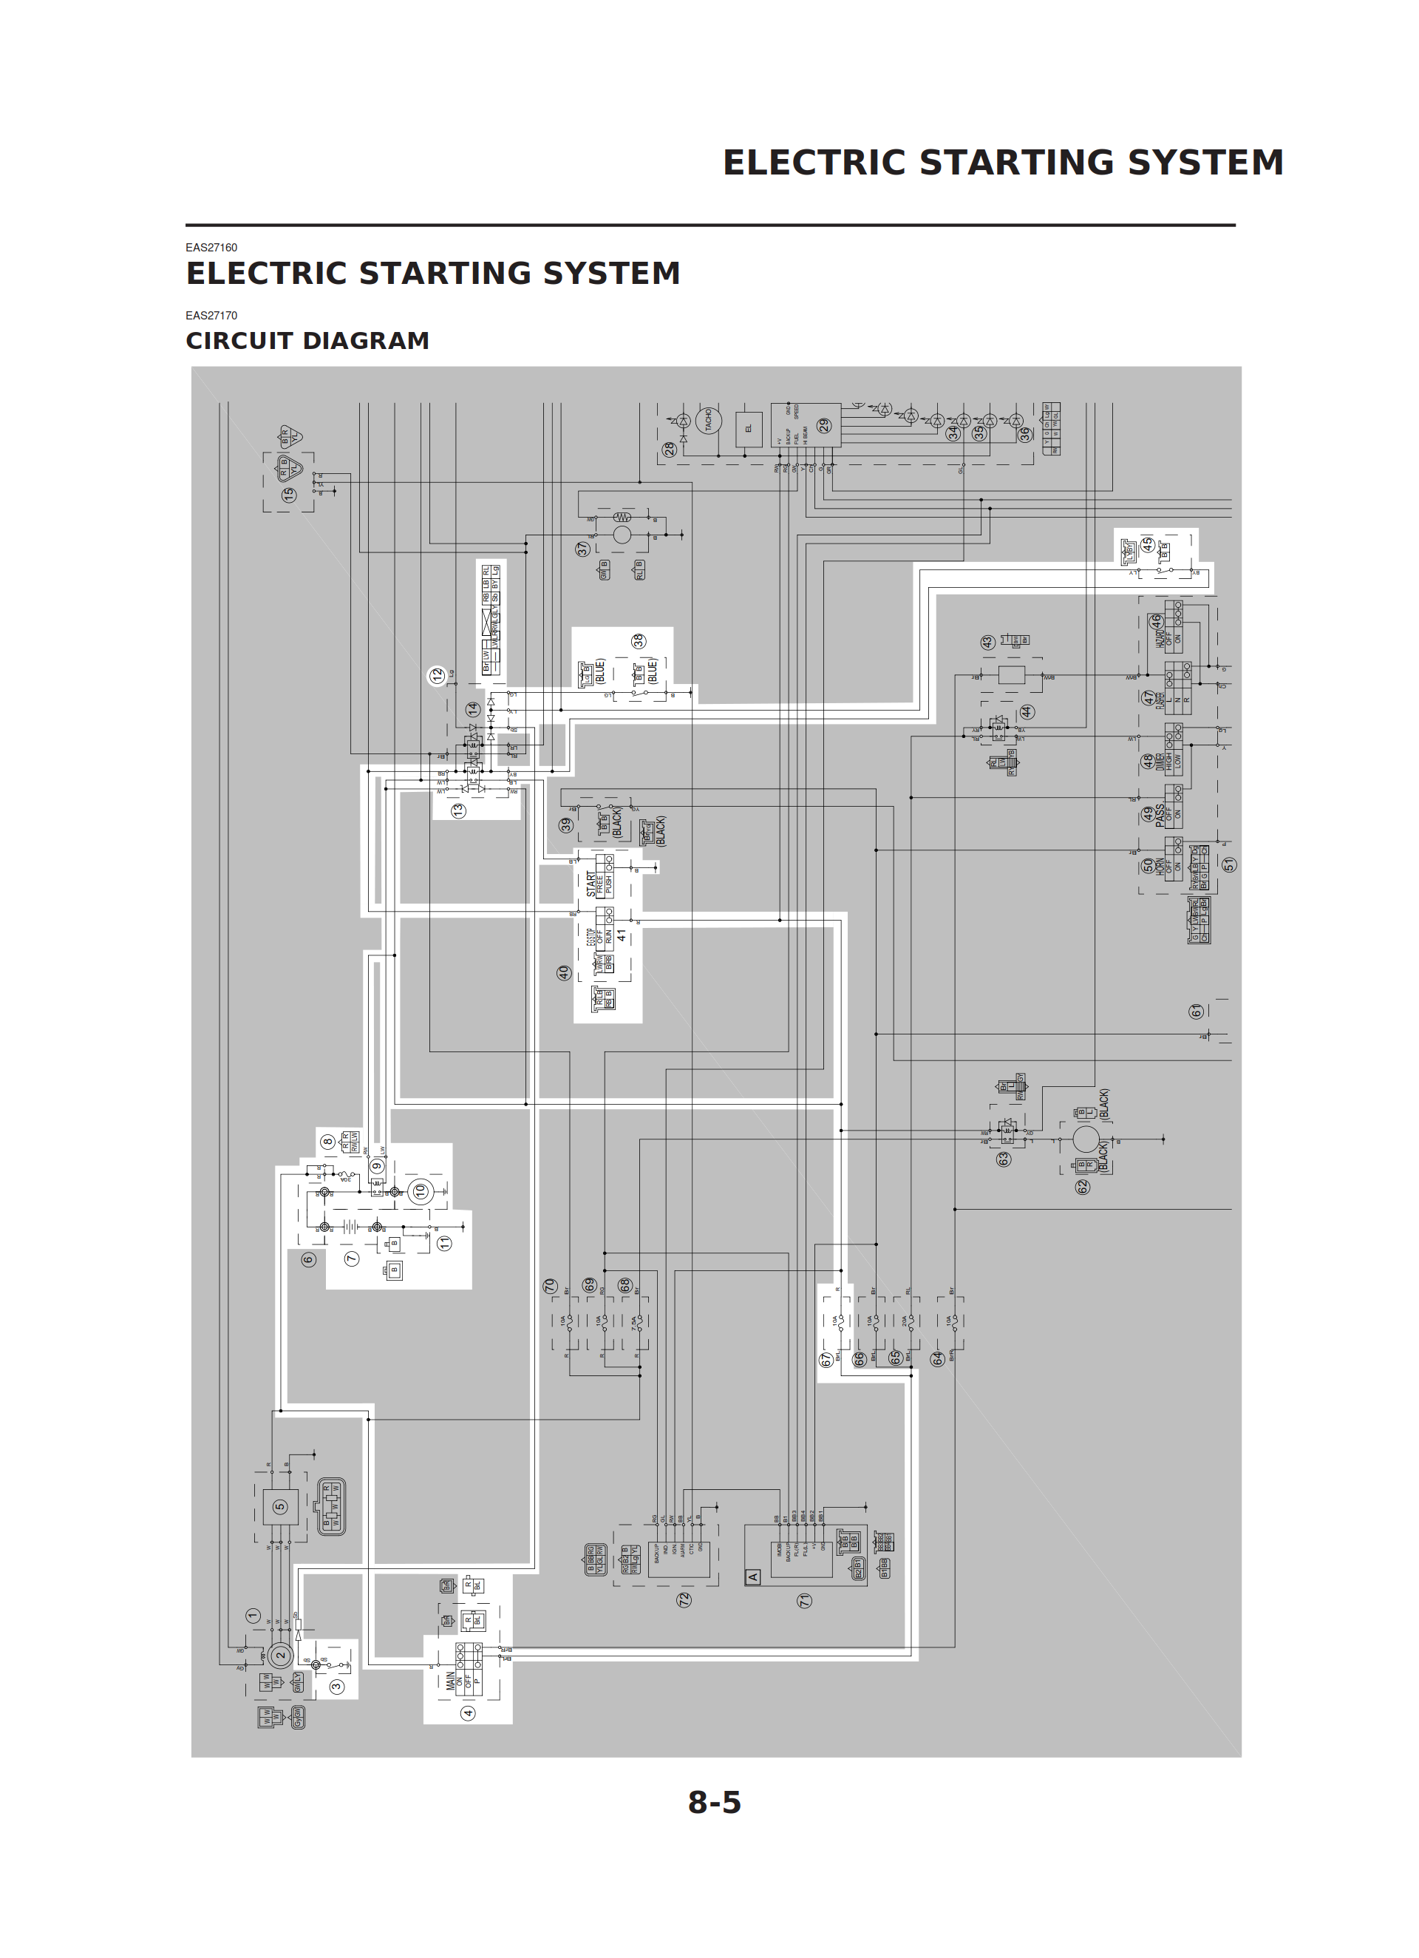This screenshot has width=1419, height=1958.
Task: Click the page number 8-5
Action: pyautogui.click(x=714, y=1802)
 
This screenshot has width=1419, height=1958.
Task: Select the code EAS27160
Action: pyautogui.click(x=211, y=248)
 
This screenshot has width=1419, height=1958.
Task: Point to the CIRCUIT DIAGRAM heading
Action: pyautogui.click(x=307, y=341)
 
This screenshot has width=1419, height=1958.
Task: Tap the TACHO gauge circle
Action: pyautogui.click(x=709, y=421)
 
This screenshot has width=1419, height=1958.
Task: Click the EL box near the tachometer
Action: pyautogui.click(x=749, y=428)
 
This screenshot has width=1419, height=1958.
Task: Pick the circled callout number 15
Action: pyautogui.click(x=289, y=495)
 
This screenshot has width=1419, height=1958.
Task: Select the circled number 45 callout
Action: pyautogui.click(x=1147, y=544)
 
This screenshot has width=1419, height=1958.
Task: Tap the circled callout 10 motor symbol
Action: pyautogui.click(x=421, y=1191)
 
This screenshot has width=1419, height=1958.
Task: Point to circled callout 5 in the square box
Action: pyautogui.click(x=279, y=1506)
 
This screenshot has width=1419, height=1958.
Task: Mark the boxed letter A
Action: pyautogui.click(x=752, y=1576)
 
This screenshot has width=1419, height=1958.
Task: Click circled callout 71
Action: pyautogui.click(x=804, y=1599)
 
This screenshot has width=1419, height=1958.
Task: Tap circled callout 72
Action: pyautogui.click(x=684, y=1599)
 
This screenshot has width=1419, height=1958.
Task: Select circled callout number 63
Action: pyautogui.click(x=1003, y=1159)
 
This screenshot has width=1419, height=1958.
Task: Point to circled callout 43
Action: pyautogui.click(x=987, y=643)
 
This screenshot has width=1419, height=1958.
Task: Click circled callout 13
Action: pyautogui.click(x=458, y=810)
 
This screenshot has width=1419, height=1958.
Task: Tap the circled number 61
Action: pyautogui.click(x=1197, y=1011)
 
